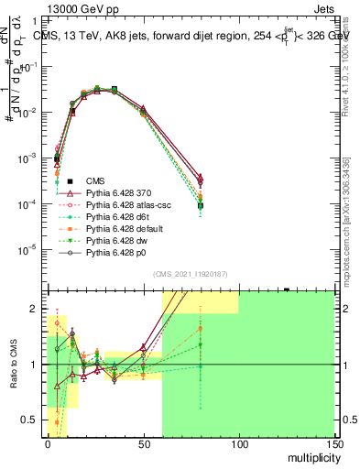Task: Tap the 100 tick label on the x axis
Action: pos(239,443)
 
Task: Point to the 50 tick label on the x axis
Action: pos(143,443)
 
